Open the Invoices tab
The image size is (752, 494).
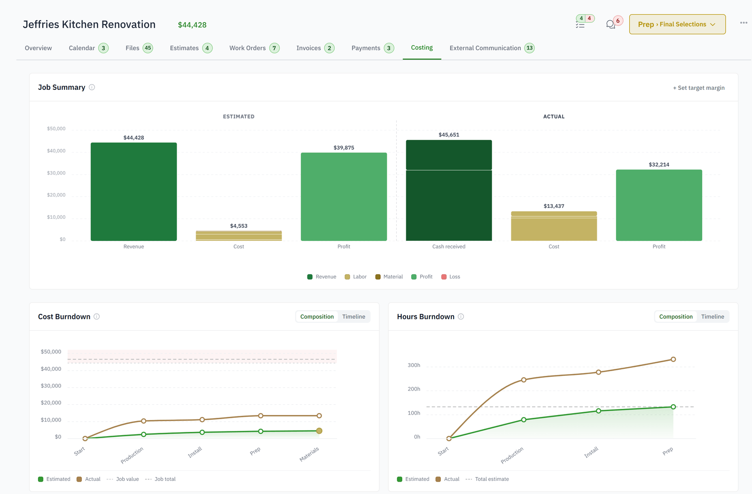pyautogui.click(x=315, y=48)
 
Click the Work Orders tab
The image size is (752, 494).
pyautogui.click(x=254, y=48)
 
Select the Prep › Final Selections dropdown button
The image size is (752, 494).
pyautogui.click(x=677, y=24)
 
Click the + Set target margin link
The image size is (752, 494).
pyautogui.click(x=698, y=88)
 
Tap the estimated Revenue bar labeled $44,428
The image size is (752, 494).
pyautogui.click(x=133, y=191)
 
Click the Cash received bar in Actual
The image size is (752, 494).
pyautogui.click(x=449, y=190)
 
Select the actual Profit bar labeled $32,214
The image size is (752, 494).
pyautogui.click(x=659, y=205)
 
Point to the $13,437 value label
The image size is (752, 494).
pyautogui.click(x=554, y=206)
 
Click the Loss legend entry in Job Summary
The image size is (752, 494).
pyautogui.click(x=451, y=277)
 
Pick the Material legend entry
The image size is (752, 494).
pyautogui.click(x=389, y=277)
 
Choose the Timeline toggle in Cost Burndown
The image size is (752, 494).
pyautogui.click(x=353, y=317)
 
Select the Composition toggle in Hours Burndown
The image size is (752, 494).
pyautogui.click(x=676, y=317)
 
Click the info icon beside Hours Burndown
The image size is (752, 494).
pyautogui.click(x=461, y=317)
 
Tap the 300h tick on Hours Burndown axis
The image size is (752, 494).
pyautogui.click(x=414, y=365)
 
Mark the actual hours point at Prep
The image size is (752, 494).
pyautogui.click(x=673, y=359)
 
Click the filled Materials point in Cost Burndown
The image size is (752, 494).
pyautogui.click(x=319, y=431)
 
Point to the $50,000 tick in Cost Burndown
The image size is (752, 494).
pyautogui.click(x=51, y=352)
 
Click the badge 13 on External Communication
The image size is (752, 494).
pyautogui.click(x=529, y=48)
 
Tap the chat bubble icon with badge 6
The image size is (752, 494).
pyautogui.click(x=611, y=24)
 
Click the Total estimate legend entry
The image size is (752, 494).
pyautogui.click(x=487, y=479)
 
